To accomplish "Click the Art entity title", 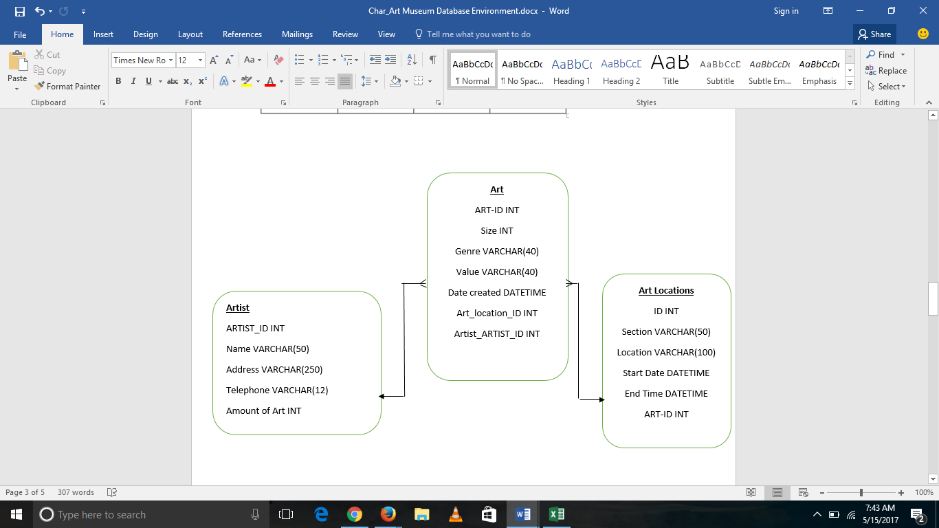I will pos(496,190).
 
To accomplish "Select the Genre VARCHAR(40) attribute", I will pos(496,252).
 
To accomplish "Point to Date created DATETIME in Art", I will pos(496,293).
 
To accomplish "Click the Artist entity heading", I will pos(238,308).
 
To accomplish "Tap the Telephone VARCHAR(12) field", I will pos(277,390).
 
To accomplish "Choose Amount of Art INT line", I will pos(263,411).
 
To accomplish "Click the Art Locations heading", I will pos(666,291).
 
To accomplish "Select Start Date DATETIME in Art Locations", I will pos(666,373).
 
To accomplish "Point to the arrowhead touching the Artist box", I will pos(382,396).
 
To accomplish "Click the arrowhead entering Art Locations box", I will pos(601,399).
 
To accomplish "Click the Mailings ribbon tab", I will pos(297,34).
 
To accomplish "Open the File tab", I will pos(20,34).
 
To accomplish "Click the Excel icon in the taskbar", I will pos(556,514).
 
